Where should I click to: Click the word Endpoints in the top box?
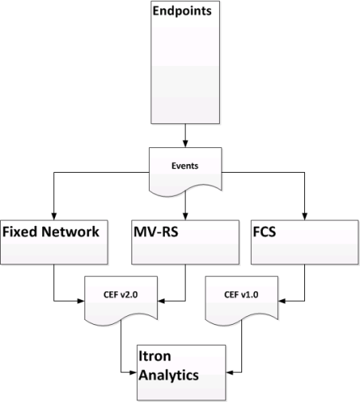point(182,11)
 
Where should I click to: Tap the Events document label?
point(185,166)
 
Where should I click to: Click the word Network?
point(70,232)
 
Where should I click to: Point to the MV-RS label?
point(156,232)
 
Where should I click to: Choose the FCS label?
point(264,232)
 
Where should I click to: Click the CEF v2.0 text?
point(120,295)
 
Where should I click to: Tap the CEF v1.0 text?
point(241,295)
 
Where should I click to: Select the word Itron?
point(155,356)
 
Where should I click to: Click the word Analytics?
point(169,376)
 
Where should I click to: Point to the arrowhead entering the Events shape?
point(185,143)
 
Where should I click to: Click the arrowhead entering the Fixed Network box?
point(54,217)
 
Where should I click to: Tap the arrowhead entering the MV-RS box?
point(186,217)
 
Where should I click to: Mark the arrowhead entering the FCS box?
point(304,217)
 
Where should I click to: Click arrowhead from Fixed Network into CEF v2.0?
point(80,301)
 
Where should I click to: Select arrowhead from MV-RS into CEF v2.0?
point(162,301)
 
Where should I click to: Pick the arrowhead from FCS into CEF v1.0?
point(282,301)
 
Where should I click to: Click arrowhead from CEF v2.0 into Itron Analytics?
point(133,373)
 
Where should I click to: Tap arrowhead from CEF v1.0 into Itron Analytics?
point(229,373)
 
